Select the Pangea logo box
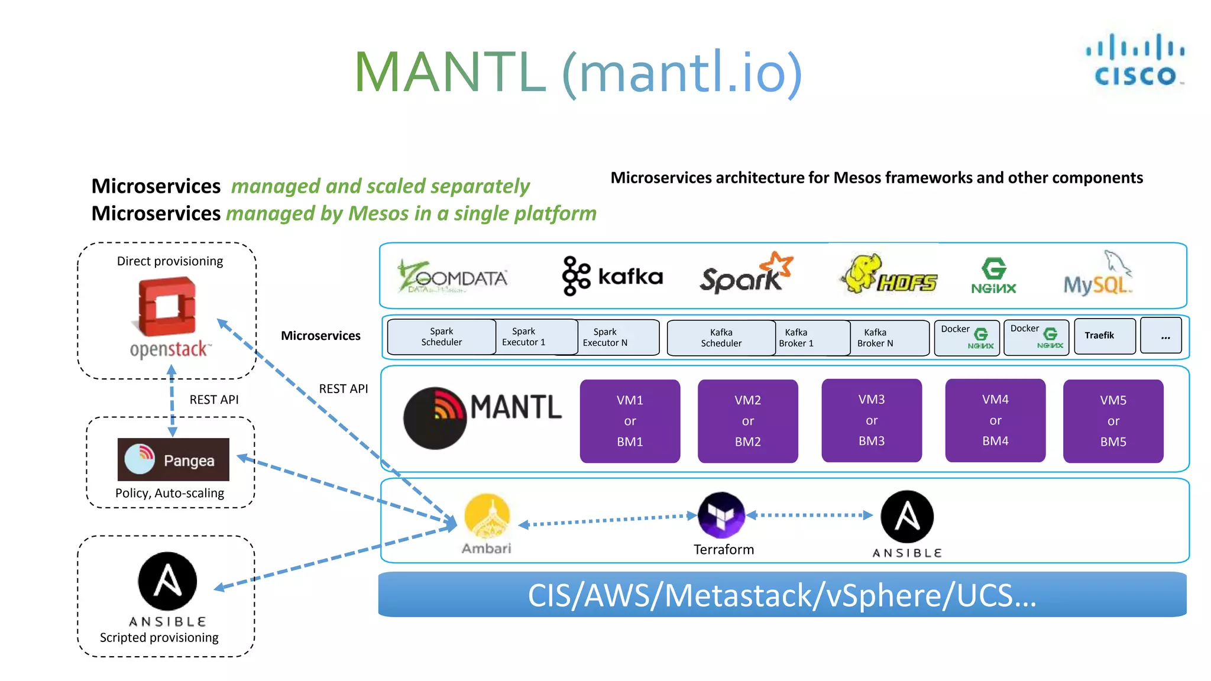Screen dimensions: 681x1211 pyautogui.click(x=173, y=459)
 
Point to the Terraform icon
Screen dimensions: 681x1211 pyautogui.click(x=721, y=514)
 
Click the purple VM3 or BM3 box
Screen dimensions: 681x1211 pyautogui.click(x=871, y=420)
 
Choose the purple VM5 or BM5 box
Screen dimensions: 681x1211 pyautogui.click(x=1113, y=421)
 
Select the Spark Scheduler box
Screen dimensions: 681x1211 pyautogui.click(x=441, y=337)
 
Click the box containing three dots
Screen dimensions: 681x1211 pyautogui.click(x=1161, y=336)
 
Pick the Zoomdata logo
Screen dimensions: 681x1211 pyautogui.click(x=453, y=277)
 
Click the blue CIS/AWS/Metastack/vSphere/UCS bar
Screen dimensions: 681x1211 pyautogui.click(x=782, y=595)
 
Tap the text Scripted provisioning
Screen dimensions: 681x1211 pyautogui.click(x=159, y=638)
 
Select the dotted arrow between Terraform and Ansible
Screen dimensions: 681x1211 pyautogui.click(x=810, y=515)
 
